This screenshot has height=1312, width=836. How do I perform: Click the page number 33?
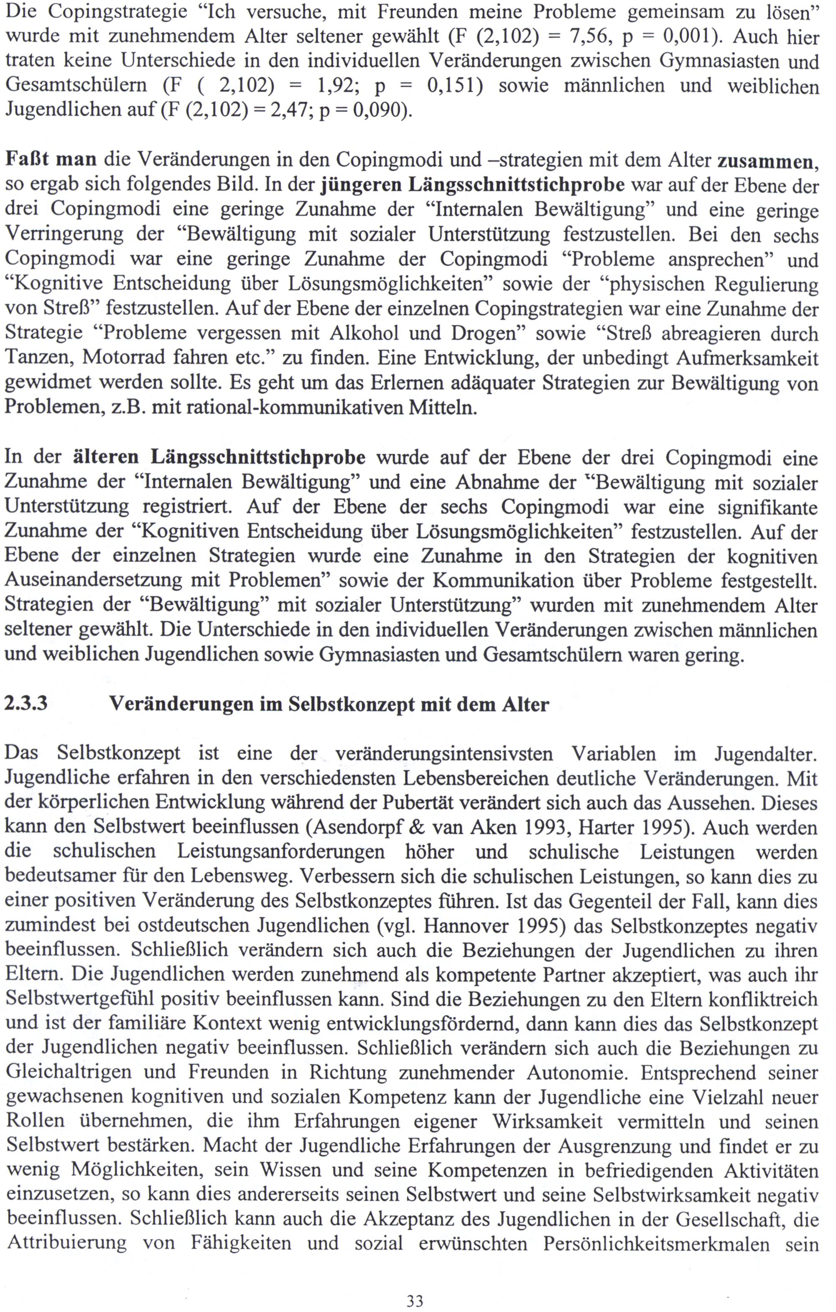[415, 1301]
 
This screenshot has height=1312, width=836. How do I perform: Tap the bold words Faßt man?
[51, 159]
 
